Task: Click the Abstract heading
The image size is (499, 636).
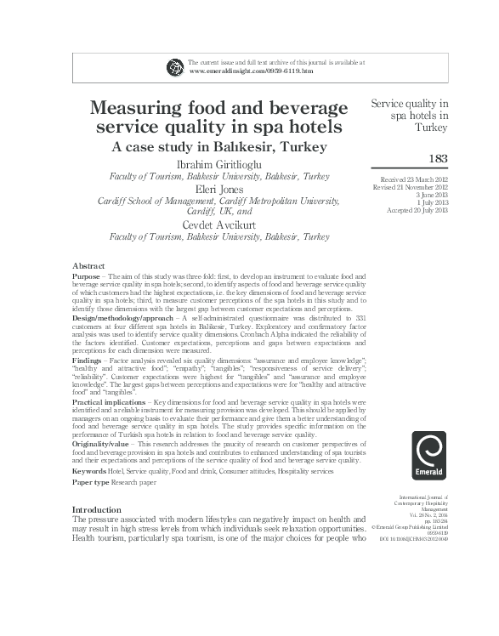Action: (x=88, y=266)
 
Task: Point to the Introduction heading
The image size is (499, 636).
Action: (x=98, y=509)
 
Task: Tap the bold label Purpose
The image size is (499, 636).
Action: (x=86, y=277)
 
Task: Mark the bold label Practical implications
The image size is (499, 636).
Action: (x=110, y=401)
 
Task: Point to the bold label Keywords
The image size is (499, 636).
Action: (x=89, y=470)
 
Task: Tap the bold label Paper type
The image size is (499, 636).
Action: (x=91, y=482)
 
